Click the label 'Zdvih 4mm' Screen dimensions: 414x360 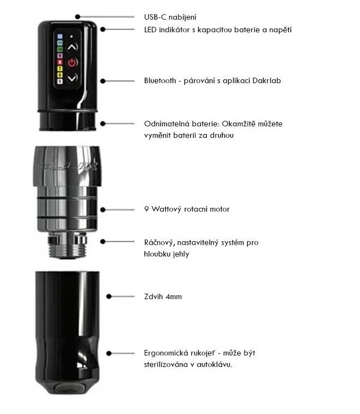coord(162,296)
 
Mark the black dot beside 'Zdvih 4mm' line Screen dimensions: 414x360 coord(109,296)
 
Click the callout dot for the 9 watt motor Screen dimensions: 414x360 coord(103,209)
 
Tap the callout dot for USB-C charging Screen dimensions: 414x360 coord(79,17)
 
